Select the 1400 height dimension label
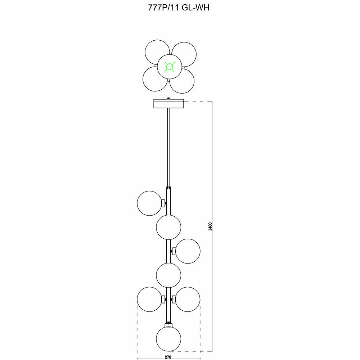pyautogui.click(x=211, y=227)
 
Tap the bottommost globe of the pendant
pyautogui.click(x=168, y=339)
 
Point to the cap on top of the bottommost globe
pyautogui.click(x=168, y=325)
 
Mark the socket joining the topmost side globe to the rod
pyautogui.click(x=165, y=203)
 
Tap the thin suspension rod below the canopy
pyautogui.click(x=168, y=148)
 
